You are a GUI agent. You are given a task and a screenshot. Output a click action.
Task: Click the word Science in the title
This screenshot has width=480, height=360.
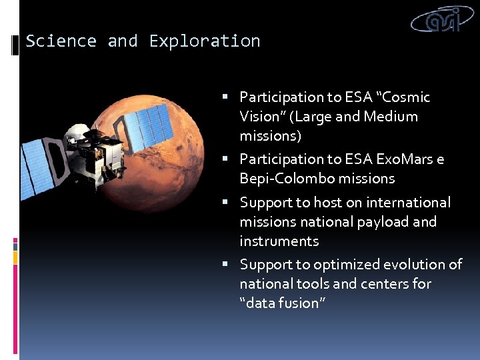click(x=61, y=41)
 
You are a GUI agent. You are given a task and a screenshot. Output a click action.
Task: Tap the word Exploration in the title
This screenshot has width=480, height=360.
click(x=205, y=41)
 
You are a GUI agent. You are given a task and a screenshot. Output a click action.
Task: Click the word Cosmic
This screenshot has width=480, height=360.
click(x=407, y=97)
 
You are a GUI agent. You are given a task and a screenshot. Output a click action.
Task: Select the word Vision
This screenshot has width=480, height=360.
click(x=261, y=117)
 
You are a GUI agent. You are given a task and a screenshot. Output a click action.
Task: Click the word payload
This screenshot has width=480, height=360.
click(x=375, y=221)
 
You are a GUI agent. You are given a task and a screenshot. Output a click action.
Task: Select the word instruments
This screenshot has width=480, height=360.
click(x=279, y=241)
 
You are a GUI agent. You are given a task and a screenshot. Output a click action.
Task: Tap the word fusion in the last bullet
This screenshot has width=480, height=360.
click(x=299, y=303)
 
